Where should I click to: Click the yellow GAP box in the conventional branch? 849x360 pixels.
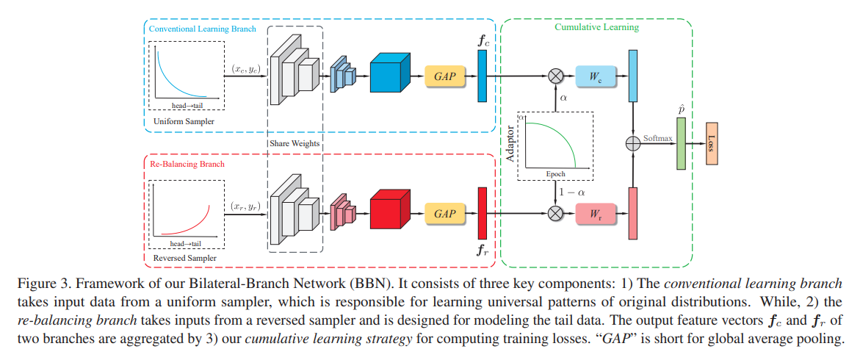tap(445, 76)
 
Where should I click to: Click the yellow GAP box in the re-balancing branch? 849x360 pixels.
tap(445, 213)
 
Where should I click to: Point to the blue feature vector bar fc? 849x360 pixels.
tap(483, 76)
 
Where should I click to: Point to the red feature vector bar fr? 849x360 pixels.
tap(483, 213)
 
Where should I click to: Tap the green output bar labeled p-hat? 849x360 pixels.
tap(680, 143)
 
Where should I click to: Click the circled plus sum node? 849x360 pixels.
tap(633, 144)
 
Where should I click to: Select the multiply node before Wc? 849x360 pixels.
tap(556, 76)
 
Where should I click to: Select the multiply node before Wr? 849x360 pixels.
tap(556, 213)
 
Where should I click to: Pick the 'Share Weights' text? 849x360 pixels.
tap(295, 143)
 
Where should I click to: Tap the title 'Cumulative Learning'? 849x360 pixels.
tap(596, 27)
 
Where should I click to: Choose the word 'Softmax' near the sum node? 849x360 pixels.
tap(657, 137)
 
